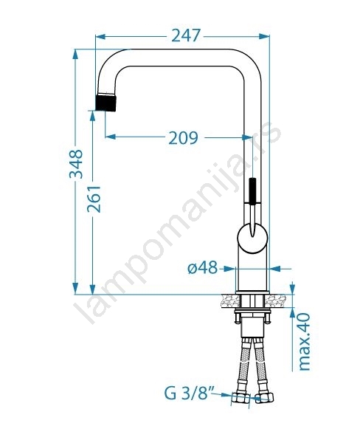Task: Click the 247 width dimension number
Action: [x=186, y=35]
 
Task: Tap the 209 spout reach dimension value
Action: [x=183, y=137]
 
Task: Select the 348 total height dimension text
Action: [x=76, y=164]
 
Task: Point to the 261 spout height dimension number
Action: [x=94, y=199]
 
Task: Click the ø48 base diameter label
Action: [x=203, y=267]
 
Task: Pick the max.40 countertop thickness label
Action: [x=305, y=342]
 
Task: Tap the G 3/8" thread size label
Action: [x=189, y=394]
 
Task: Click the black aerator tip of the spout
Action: [x=106, y=103]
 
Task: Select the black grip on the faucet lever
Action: [x=252, y=190]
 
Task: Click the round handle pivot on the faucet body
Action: [x=252, y=238]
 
